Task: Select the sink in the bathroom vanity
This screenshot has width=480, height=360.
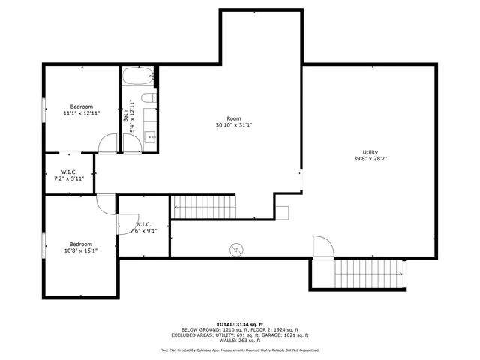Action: tap(148, 136)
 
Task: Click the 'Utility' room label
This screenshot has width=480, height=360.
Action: tap(370, 151)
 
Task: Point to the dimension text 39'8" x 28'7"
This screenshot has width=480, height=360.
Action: tap(370, 158)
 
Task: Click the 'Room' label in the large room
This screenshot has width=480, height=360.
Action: tap(234, 118)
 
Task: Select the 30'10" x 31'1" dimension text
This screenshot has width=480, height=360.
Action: tap(234, 125)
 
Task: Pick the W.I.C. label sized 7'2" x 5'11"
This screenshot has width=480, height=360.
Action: tap(67, 175)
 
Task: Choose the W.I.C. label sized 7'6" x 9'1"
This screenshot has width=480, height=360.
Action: tap(143, 228)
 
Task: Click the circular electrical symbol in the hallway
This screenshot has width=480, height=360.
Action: tap(235, 247)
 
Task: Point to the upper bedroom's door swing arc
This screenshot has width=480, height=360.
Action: tap(109, 142)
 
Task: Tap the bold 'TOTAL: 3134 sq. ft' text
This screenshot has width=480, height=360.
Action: tap(239, 323)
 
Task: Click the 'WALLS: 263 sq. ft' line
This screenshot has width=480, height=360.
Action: tap(239, 340)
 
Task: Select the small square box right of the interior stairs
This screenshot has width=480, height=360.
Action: tap(282, 211)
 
